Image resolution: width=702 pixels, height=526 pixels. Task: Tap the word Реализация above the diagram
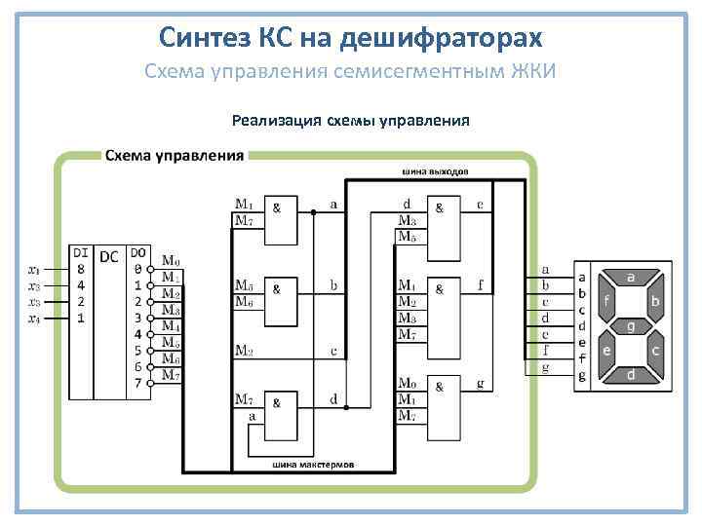click(274, 121)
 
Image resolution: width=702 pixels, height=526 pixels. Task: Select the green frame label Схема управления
click(175, 155)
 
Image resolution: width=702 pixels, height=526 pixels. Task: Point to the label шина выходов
click(434, 171)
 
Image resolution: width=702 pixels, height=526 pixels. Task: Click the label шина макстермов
click(313, 465)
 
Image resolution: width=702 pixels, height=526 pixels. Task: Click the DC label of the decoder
click(109, 254)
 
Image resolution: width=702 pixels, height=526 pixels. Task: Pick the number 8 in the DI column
click(81, 269)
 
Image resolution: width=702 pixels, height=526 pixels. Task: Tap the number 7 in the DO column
click(138, 383)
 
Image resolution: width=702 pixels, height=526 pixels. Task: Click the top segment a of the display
click(631, 278)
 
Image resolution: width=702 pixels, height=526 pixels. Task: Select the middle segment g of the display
click(631, 325)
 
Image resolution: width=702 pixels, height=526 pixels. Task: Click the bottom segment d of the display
click(631, 374)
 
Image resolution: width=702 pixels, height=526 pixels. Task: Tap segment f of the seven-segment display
click(606, 302)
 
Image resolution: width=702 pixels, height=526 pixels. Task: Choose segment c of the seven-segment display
click(656, 350)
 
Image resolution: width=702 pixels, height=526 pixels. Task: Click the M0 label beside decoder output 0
click(171, 260)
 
